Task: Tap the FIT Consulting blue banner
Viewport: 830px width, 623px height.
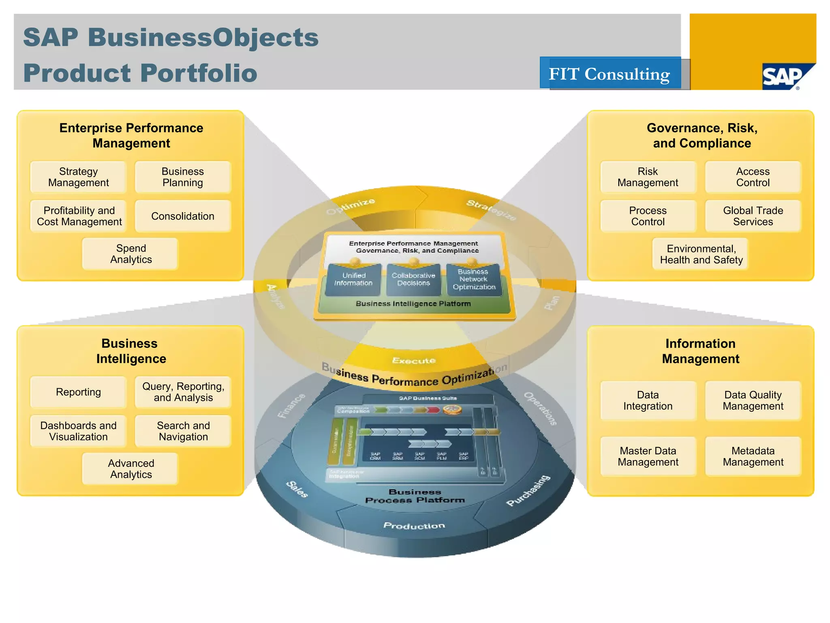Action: pos(610,73)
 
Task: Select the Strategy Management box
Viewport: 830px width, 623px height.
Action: pos(78,177)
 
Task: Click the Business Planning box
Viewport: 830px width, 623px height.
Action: pos(183,177)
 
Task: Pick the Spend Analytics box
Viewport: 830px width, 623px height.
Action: pos(130,254)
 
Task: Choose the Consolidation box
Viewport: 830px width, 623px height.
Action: pos(183,216)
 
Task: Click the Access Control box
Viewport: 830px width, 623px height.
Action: pos(753,177)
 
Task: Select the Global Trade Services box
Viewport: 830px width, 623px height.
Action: pos(753,216)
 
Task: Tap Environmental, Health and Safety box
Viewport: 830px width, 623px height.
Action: pos(701,254)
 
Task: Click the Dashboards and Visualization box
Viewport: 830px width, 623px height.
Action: pos(78,431)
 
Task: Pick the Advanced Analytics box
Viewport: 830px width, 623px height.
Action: pos(130,469)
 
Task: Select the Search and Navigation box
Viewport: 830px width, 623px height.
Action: pos(183,431)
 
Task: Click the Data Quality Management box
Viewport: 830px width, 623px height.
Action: pos(753,401)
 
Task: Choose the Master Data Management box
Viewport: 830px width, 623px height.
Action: pos(648,456)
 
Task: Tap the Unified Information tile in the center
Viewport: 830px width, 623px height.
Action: pos(353,279)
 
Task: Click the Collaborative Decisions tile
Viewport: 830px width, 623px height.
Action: pos(413,279)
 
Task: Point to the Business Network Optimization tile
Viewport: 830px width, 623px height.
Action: pos(473,279)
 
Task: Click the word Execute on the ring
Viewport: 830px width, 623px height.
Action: pos(414,361)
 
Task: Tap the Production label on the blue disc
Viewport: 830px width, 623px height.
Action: pos(414,526)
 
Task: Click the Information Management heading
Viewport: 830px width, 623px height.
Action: pos(700,351)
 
